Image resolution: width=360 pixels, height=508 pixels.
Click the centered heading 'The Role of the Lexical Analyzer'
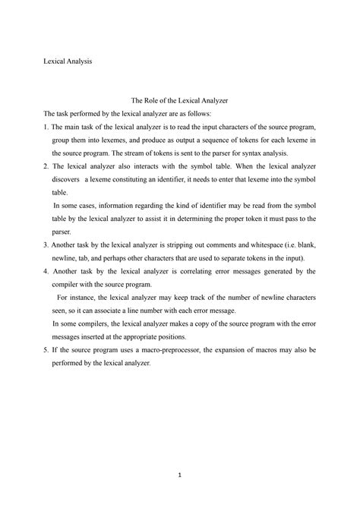pyautogui.click(x=180, y=99)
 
